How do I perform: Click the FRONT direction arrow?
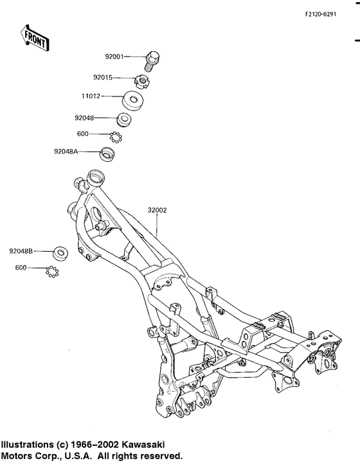pos(36,39)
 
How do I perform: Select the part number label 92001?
pos(114,57)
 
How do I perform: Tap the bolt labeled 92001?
pos(154,60)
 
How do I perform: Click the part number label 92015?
pos(102,78)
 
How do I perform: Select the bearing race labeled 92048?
pos(125,119)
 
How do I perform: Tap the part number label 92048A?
pos(67,152)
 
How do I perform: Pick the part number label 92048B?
pos(21,251)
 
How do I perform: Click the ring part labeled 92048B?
pos(60,252)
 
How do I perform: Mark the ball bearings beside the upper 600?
pos(116,136)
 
